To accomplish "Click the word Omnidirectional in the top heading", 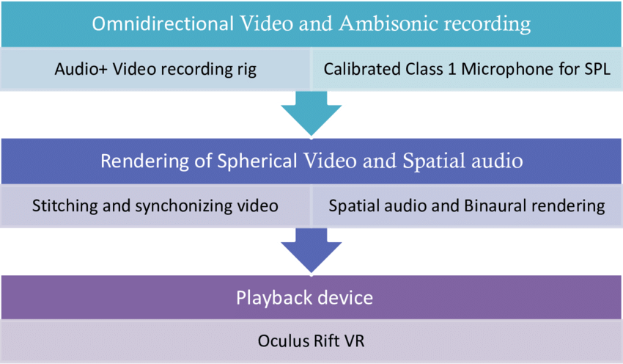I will (x=156, y=24).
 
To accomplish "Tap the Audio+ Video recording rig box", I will (x=155, y=70).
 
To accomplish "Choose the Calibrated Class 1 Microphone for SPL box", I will (x=468, y=70).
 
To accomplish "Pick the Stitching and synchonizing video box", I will (x=155, y=205).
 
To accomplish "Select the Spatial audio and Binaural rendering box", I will (x=468, y=205).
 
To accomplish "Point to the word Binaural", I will (x=493, y=205).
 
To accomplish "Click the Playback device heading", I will (x=311, y=298).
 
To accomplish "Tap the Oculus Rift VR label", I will (x=311, y=341).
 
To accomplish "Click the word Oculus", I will (x=282, y=341).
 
